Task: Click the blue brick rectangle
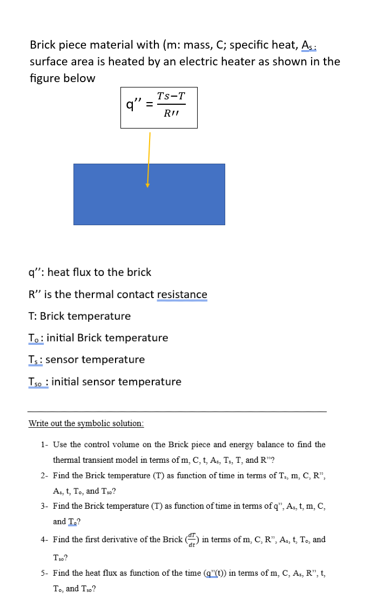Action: (149, 194)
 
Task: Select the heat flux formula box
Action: (159, 107)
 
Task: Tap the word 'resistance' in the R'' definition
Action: (182, 294)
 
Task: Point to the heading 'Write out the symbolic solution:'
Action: (86, 423)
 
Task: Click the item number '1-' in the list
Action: (45, 444)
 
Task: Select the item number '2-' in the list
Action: (45, 475)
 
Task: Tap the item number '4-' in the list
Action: (45, 540)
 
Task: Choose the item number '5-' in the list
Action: (45, 572)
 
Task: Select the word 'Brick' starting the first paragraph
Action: (44, 45)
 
